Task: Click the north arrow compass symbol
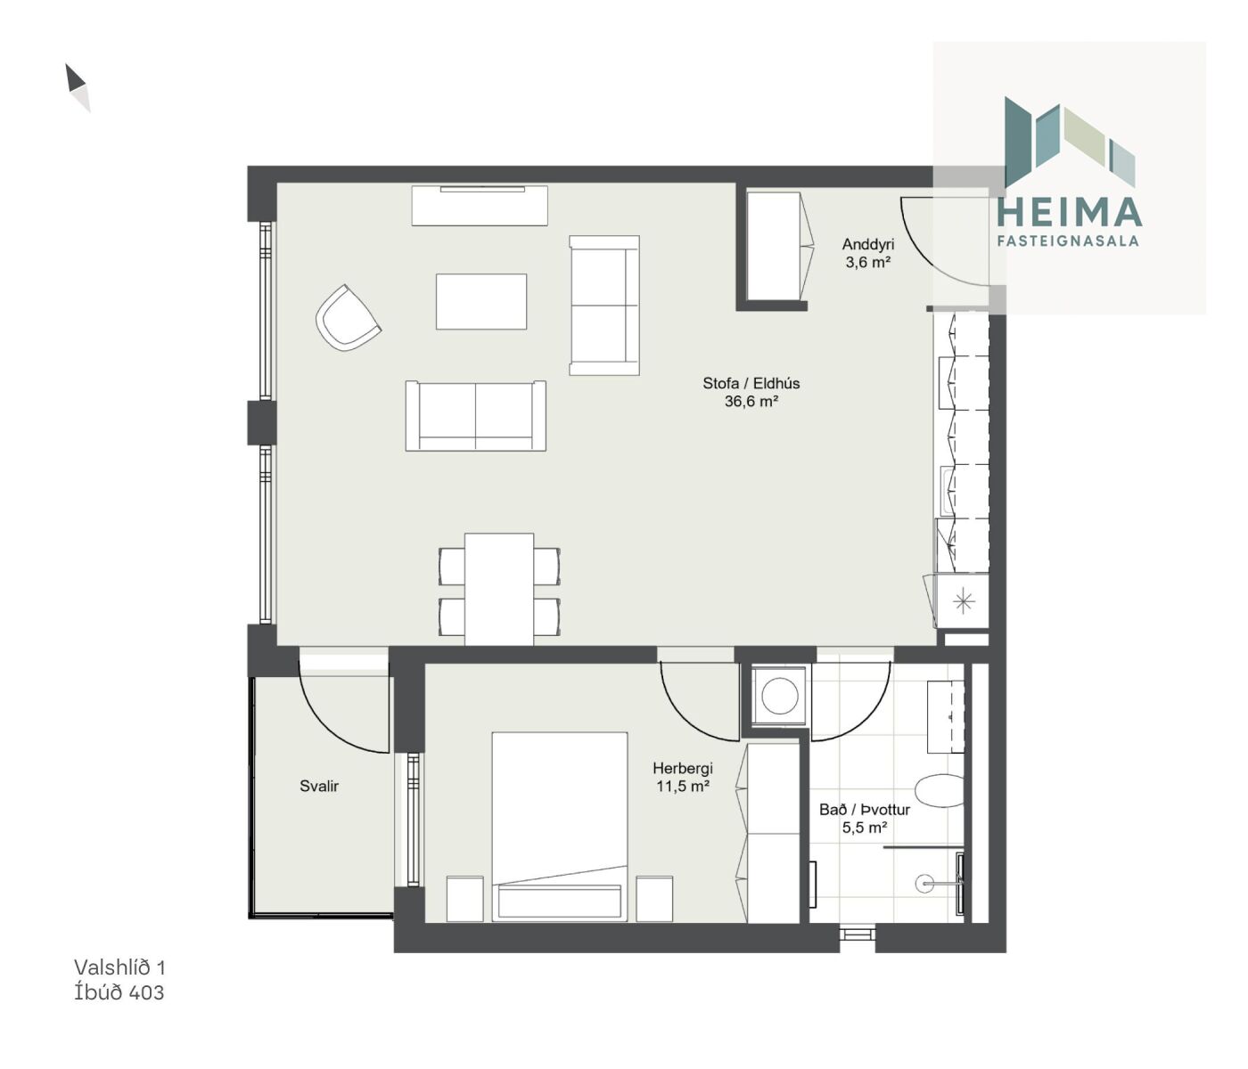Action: coord(78,87)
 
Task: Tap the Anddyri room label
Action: coord(867,244)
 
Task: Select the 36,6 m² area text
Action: coord(751,401)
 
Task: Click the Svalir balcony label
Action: coord(319,786)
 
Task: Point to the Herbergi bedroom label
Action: coord(682,769)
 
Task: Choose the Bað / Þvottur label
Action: coord(864,810)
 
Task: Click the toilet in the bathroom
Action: coord(940,790)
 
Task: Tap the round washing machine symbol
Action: coord(779,696)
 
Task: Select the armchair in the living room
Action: coord(348,318)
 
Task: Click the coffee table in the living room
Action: coord(481,302)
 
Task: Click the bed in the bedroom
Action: coord(560,827)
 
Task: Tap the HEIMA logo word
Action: coord(1069,212)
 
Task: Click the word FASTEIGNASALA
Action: coord(1067,241)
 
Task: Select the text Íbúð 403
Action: coord(119,992)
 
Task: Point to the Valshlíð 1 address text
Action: coord(119,967)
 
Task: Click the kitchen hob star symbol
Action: coord(963,601)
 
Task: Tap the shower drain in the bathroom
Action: coord(924,884)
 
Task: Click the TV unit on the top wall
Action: coord(480,206)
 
